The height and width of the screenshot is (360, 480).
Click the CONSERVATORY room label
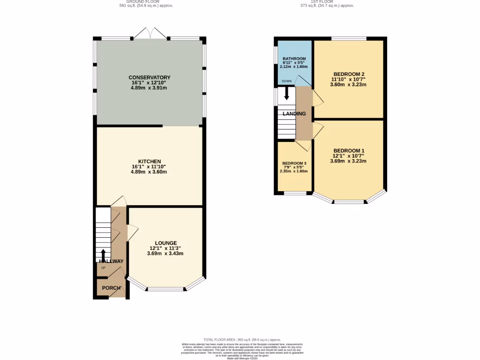150,77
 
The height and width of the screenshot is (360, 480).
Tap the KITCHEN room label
149,161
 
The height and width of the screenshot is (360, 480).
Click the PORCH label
112,288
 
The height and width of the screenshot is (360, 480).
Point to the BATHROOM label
294,59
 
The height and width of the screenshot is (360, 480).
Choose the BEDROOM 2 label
349,74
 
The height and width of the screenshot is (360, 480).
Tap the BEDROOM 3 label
294,164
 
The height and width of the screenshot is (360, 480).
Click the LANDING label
294,113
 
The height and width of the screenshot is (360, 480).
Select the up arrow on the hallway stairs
104,255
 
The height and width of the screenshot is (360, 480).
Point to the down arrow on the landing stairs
287,94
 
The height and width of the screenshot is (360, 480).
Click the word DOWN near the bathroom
286,81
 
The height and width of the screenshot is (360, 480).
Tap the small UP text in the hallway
103,268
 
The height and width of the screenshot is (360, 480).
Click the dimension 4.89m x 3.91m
150,88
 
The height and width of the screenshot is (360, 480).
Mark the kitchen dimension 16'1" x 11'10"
149,166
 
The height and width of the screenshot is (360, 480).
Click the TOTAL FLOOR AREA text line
242,339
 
